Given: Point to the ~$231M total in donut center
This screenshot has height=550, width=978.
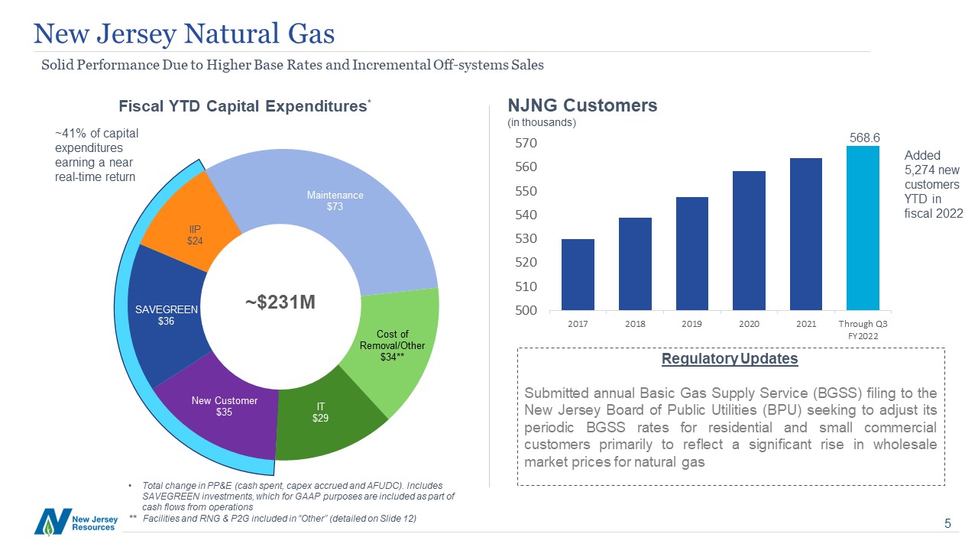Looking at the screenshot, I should [280, 302].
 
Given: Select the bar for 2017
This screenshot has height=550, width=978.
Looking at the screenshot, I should [578, 275].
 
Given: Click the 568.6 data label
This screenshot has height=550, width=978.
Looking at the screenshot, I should [866, 137].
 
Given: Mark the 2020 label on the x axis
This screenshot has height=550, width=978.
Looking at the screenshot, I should [749, 324].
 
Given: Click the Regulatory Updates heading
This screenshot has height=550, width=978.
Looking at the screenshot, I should [730, 359].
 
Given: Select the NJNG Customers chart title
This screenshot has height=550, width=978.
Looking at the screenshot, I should [582, 105].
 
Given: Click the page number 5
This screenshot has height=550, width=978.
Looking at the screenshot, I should [947, 524].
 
